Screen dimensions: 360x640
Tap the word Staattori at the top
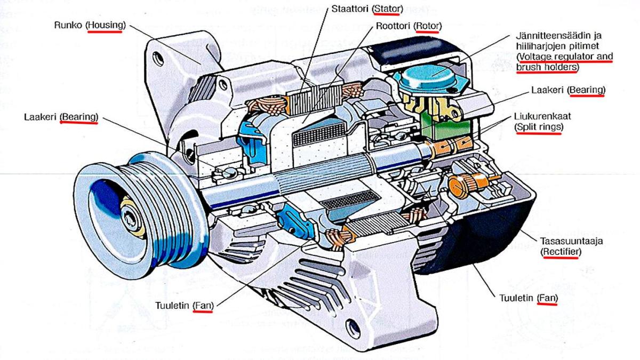click(x=351, y=9)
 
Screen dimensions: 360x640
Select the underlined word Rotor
click(x=427, y=26)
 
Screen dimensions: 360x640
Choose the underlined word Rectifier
click(x=559, y=251)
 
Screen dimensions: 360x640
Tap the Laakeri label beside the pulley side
click(x=41, y=116)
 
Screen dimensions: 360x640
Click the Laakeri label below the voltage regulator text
click(x=548, y=91)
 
